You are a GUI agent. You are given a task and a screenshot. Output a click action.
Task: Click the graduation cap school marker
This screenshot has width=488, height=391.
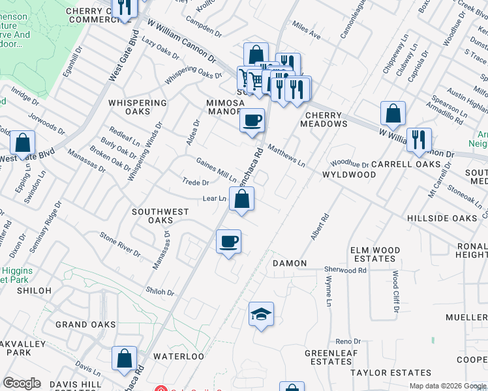coord(261,315)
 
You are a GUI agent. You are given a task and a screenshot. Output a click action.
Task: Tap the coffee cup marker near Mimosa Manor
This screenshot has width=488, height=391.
coord(252,121)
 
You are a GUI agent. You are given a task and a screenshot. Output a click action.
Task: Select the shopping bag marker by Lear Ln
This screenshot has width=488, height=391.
coord(241,200)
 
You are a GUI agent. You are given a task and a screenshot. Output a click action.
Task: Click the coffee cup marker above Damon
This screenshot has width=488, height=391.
coord(228,242)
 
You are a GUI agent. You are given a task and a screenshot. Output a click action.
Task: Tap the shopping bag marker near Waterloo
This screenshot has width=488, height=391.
coord(124,359)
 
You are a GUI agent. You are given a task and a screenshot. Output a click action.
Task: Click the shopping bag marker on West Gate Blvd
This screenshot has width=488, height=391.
coord(22,144)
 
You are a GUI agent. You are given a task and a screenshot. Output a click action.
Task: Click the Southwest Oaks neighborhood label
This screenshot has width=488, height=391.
coord(160,216)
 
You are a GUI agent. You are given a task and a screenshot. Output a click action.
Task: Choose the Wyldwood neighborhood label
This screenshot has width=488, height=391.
coord(349,175)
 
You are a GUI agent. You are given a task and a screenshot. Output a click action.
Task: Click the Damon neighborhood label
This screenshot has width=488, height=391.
coord(289,263)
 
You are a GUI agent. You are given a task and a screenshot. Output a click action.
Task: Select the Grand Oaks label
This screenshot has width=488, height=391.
coord(85,325)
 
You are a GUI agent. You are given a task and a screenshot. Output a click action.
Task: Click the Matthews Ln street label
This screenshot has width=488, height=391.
coord(286,156)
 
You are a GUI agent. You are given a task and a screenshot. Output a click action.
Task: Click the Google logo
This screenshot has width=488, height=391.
coord(22,383)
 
